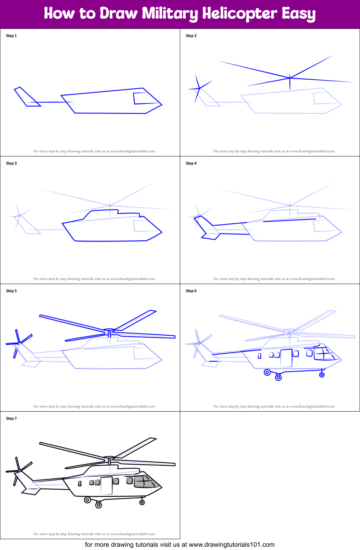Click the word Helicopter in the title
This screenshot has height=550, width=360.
click(x=240, y=13)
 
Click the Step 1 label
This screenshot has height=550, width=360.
click(x=11, y=36)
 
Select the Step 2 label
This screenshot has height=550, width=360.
click(x=191, y=36)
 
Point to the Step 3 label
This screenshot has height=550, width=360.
click(x=11, y=163)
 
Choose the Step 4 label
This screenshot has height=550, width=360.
click(x=191, y=163)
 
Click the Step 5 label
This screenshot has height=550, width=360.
click(x=11, y=291)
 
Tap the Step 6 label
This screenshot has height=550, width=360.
click(x=191, y=291)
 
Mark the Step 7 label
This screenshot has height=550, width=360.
click(x=11, y=418)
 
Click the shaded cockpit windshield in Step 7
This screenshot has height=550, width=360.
click(x=145, y=482)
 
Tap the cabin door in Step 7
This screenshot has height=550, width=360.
click(x=106, y=486)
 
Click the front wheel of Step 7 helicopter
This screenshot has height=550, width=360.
click(x=142, y=502)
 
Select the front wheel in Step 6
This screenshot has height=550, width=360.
click(x=322, y=375)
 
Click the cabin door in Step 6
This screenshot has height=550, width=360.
click(x=286, y=358)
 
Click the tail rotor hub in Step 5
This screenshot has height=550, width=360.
click(x=19, y=343)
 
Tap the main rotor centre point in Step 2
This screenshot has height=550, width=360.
click(x=290, y=78)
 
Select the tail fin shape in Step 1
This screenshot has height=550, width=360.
click(x=27, y=97)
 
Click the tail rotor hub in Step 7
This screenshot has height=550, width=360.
click(x=19, y=470)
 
